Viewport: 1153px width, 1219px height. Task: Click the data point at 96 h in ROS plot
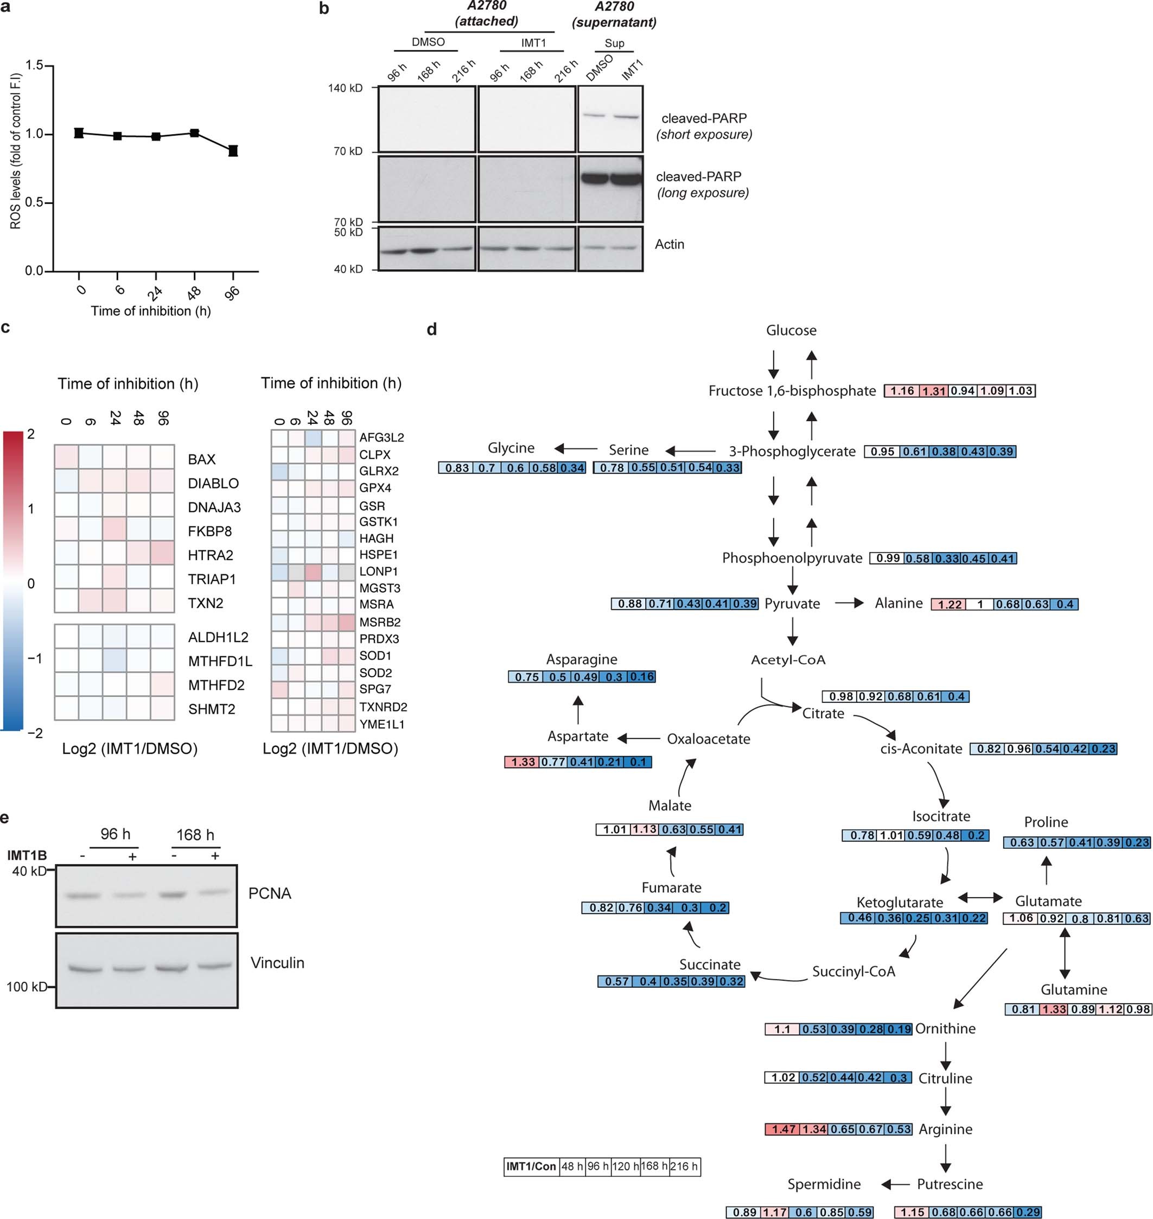tap(233, 150)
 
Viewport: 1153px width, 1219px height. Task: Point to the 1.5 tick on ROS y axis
tap(34, 66)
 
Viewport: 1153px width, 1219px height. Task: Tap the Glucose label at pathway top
tap(791, 330)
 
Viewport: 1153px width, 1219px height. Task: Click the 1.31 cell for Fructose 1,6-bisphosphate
tap(933, 391)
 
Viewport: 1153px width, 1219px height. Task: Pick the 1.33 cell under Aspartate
tap(523, 762)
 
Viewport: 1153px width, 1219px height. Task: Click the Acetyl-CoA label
tap(788, 659)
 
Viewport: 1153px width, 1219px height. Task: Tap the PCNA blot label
tap(269, 893)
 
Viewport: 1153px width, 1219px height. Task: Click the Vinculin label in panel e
tap(277, 963)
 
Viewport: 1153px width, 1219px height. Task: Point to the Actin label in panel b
tap(670, 244)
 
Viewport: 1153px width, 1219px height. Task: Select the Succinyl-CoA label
tap(853, 972)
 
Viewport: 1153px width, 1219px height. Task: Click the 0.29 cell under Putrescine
tap(1028, 1212)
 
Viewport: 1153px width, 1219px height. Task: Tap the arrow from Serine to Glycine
tap(576, 449)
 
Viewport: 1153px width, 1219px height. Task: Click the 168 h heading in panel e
tap(195, 835)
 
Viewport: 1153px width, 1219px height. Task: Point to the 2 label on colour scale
tap(31, 434)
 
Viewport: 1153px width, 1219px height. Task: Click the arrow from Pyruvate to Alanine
tap(849, 603)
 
